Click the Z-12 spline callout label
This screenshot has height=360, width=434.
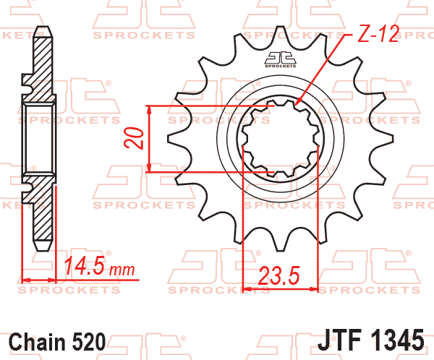pyautogui.click(x=378, y=34)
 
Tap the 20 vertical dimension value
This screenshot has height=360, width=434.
pyautogui.click(x=135, y=138)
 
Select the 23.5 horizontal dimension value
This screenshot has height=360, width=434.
pyautogui.click(x=279, y=275)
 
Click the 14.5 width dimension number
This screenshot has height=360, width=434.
pyautogui.click(x=85, y=266)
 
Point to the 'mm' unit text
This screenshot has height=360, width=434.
pyautogui.click(x=122, y=270)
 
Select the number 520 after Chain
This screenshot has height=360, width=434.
pyautogui.click(x=89, y=342)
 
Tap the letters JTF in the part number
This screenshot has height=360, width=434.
pyautogui.click(x=340, y=340)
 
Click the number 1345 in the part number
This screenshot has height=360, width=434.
pyautogui.click(x=396, y=340)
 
